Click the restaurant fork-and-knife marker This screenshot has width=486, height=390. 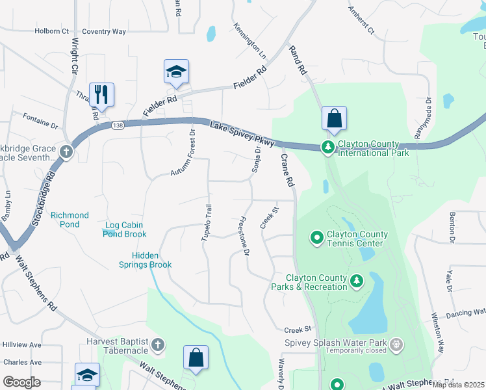click(101, 94)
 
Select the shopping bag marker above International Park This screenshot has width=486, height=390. click(334, 118)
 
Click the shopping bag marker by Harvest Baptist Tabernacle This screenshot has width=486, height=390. click(196, 357)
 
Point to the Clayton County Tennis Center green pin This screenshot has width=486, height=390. click(317, 239)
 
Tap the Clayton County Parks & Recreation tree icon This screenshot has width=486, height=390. click(356, 281)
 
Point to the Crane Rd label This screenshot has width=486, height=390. click(288, 171)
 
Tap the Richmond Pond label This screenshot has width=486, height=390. click(70, 220)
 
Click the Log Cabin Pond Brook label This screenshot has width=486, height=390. click(126, 229)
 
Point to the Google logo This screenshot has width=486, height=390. click(21, 382)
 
